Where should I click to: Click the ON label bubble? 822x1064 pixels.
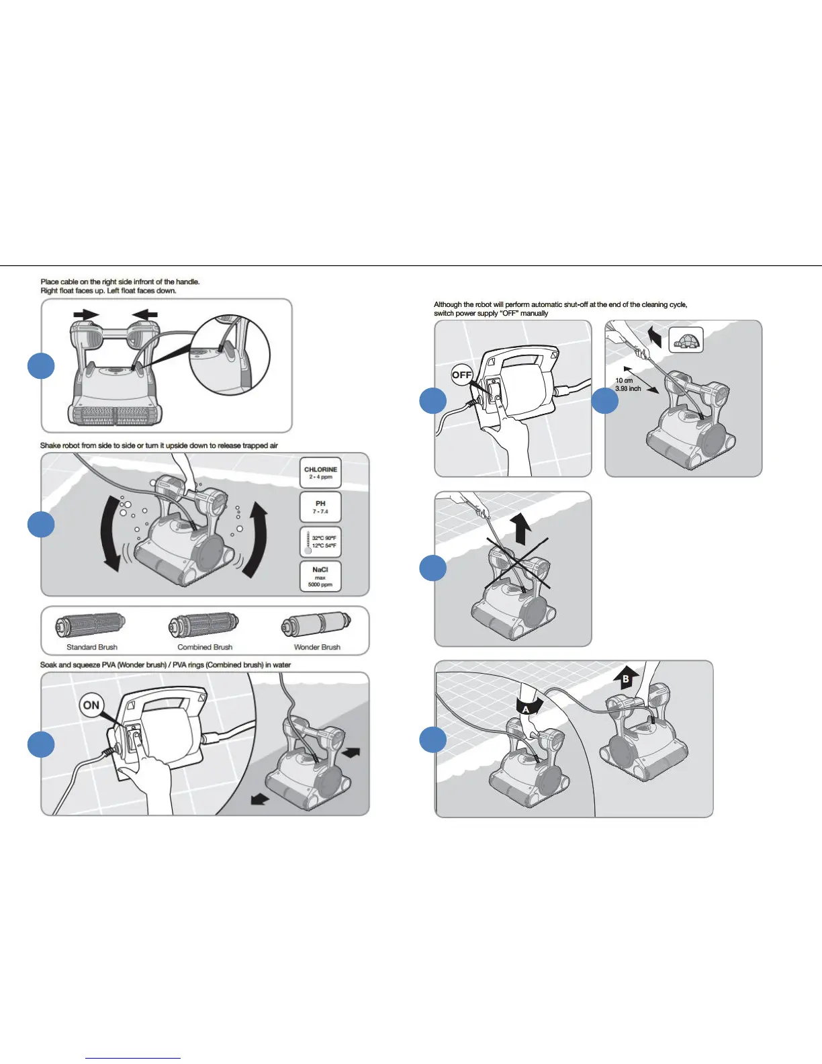[x=91, y=705]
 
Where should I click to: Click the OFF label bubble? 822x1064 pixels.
[x=462, y=375]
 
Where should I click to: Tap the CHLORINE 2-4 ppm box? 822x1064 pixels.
[x=320, y=473]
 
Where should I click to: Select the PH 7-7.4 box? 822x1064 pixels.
[x=320, y=507]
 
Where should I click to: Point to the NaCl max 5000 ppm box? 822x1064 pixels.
[x=320, y=576]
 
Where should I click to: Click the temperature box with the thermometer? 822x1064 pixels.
[x=320, y=541]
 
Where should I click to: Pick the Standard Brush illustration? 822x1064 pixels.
[x=91, y=625]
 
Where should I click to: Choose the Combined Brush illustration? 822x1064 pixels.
[x=204, y=625]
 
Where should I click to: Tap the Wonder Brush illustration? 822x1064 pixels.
[x=316, y=625]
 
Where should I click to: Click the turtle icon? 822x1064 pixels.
[x=686, y=340]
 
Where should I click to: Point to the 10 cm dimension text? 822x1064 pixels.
[x=624, y=381]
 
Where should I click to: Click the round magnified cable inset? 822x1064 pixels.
[x=229, y=355]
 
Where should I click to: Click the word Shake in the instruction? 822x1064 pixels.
[x=50, y=445]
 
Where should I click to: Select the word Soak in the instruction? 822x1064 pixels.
[x=48, y=665]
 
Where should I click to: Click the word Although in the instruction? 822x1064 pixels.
[x=447, y=305]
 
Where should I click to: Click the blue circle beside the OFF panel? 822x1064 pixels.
[x=432, y=401]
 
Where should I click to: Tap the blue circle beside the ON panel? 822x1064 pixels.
[x=41, y=744]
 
